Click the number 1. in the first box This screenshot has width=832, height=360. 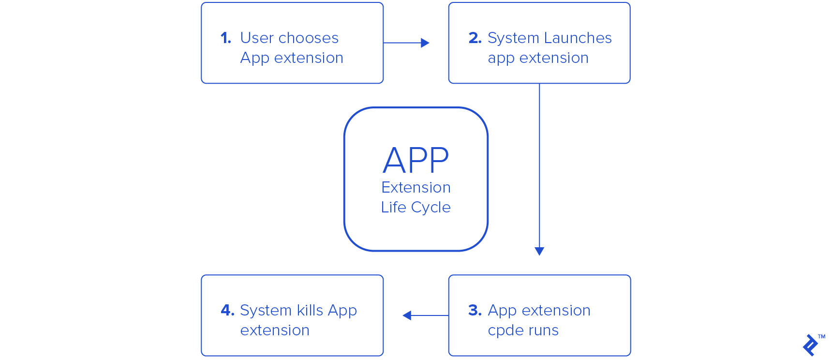click(226, 38)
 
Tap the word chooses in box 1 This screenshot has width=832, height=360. click(309, 38)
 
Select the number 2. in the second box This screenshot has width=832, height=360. click(475, 38)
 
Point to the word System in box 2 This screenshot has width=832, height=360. click(513, 38)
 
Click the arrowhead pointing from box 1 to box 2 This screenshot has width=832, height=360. click(425, 43)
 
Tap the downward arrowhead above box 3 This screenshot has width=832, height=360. click(539, 251)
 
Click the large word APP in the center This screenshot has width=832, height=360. click(416, 161)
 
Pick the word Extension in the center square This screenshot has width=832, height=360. click(416, 188)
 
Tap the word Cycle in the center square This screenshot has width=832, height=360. click(431, 208)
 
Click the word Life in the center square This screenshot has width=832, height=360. click(393, 208)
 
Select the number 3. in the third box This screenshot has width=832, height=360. click(475, 311)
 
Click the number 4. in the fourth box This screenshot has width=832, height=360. click(227, 311)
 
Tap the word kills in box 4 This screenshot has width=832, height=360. click(310, 311)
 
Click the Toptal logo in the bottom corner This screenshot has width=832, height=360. click(811, 345)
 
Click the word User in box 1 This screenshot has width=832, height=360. click(257, 38)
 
